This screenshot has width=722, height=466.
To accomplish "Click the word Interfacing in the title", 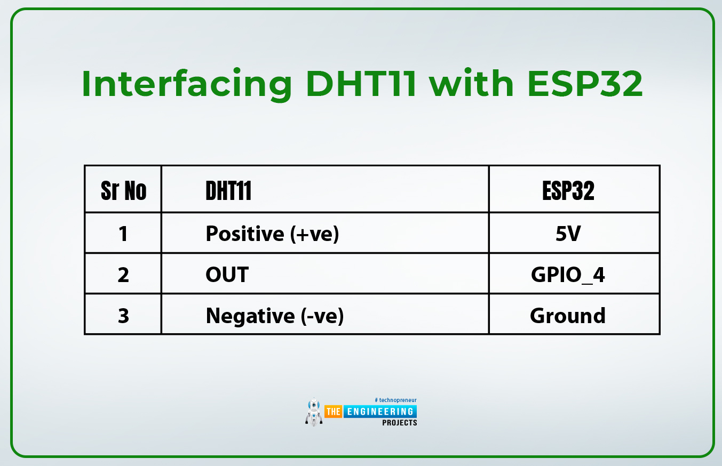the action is click(187, 85).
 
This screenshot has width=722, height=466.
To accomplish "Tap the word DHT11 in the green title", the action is click(361, 84).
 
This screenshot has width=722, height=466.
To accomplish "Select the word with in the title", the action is click(472, 83).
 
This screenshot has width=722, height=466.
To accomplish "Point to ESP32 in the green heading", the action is click(585, 84).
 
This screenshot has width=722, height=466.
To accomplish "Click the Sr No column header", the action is click(123, 191).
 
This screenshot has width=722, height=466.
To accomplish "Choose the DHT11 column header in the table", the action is click(228, 191).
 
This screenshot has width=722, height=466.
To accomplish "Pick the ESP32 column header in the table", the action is click(568, 191).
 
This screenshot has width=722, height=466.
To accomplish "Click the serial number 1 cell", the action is click(123, 234).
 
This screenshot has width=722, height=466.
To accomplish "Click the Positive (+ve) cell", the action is click(272, 234).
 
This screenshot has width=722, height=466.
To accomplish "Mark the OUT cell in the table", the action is click(227, 275).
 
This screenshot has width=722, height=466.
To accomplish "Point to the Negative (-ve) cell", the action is click(275, 316).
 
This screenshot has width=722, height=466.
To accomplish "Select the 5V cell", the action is click(568, 234).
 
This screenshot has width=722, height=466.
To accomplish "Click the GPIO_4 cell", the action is click(568, 275).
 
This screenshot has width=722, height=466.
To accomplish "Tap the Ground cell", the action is click(568, 316).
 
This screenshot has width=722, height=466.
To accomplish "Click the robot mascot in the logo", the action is click(314, 412).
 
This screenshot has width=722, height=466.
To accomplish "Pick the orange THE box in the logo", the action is click(333, 412).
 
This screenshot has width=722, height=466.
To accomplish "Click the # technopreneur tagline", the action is click(395, 400).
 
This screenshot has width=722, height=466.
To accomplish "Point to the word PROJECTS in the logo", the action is click(399, 422).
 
